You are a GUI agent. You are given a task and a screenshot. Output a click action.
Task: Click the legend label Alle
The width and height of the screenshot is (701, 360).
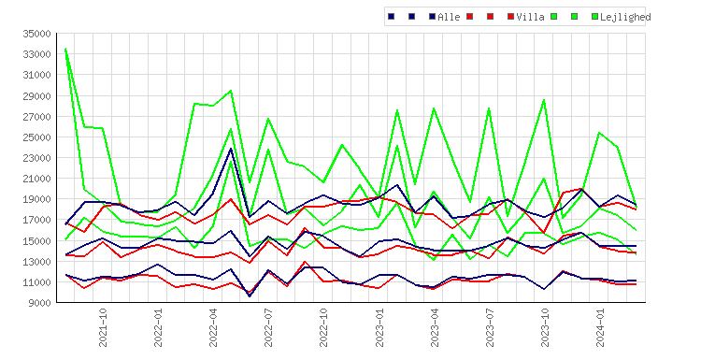(x=449, y=17)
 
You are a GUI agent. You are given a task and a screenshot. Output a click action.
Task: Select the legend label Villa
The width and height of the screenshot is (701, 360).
(x=530, y=17)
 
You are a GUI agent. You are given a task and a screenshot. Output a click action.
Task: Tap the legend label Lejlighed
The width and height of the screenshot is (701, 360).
(x=625, y=17)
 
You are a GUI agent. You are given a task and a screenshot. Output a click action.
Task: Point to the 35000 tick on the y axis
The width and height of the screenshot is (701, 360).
(x=37, y=34)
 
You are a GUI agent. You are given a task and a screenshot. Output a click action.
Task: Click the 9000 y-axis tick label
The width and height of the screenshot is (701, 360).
(x=40, y=303)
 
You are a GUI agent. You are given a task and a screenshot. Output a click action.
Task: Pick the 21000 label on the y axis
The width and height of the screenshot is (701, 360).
(x=37, y=179)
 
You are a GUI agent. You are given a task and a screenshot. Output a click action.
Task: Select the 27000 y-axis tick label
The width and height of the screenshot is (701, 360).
(x=37, y=116)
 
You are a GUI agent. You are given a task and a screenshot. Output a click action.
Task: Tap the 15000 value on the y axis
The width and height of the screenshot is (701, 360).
(x=37, y=240)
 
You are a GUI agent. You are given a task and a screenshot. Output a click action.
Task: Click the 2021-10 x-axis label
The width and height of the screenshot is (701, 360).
(x=103, y=327)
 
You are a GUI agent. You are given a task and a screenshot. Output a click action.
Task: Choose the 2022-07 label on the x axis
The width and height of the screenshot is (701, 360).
(x=268, y=327)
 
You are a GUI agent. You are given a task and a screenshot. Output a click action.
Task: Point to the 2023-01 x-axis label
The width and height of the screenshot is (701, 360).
(x=379, y=327)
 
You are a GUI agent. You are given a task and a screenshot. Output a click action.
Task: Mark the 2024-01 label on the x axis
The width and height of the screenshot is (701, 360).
(x=600, y=327)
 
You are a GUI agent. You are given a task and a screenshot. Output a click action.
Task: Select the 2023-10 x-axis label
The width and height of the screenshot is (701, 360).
(x=545, y=327)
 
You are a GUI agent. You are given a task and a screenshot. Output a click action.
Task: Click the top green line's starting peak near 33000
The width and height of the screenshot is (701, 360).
(x=65, y=49)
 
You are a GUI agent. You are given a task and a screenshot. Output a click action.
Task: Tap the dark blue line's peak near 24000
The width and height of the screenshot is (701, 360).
(x=231, y=148)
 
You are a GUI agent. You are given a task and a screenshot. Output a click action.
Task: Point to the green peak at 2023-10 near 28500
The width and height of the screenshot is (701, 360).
(x=545, y=100)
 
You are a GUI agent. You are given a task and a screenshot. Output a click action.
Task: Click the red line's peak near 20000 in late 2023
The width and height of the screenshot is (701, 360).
(x=581, y=189)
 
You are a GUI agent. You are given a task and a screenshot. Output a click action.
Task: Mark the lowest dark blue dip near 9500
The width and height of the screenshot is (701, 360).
(x=250, y=296)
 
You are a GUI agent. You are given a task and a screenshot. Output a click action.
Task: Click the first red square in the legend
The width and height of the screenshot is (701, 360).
(x=469, y=17)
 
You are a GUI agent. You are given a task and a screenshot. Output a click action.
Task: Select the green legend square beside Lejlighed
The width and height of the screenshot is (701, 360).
(x=595, y=17)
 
